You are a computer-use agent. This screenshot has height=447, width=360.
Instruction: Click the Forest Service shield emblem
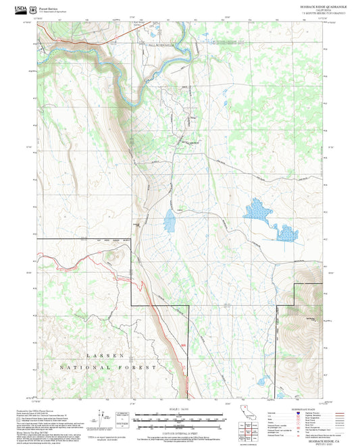tap(34, 9)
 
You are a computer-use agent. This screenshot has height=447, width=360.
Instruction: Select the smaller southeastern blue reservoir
tap(286, 234)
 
